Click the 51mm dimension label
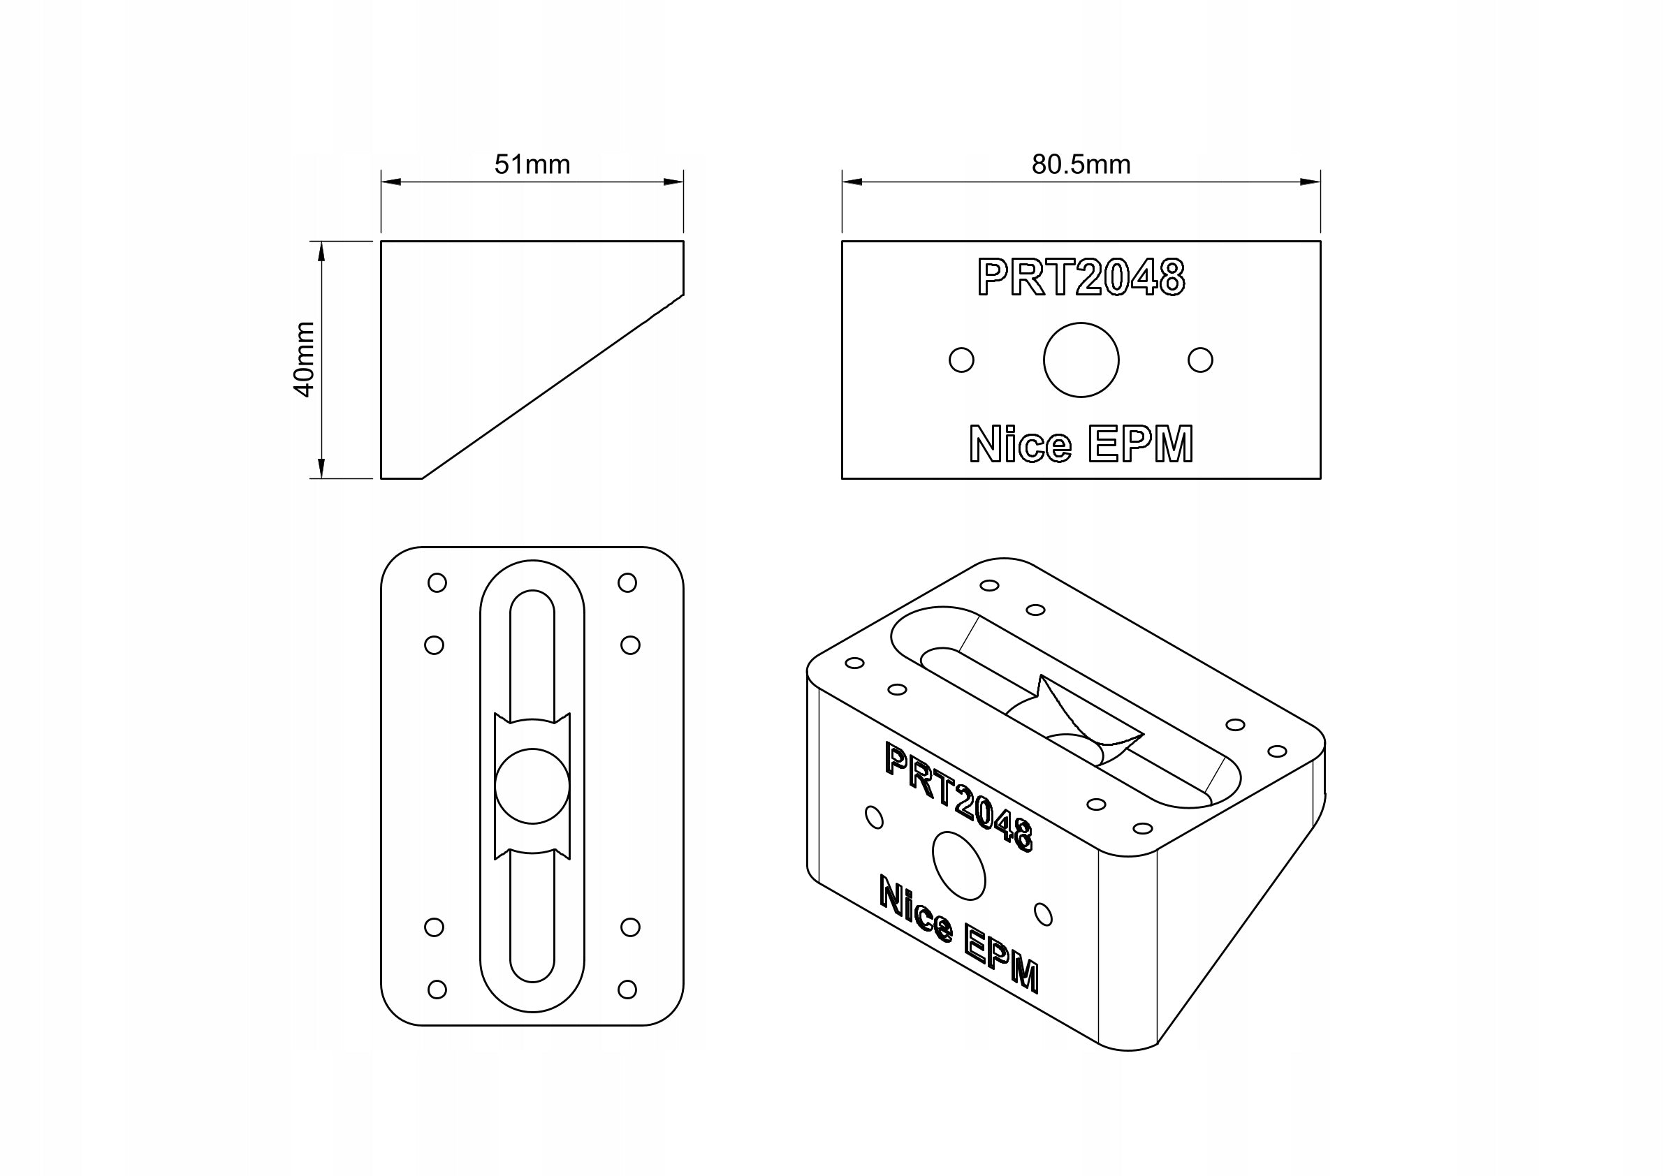click(x=532, y=165)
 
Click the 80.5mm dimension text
click(x=1081, y=165)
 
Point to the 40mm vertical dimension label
click(x=304, y=360)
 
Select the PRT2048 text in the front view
click(x=1081, y=277)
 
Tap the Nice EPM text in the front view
click(x=1081, y=443)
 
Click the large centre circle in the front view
click(x=1081, y=360)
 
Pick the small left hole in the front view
click(x=961, y=360)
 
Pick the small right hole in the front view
click(x=1200, y=360)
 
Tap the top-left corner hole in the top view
click(x=437, y=582)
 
